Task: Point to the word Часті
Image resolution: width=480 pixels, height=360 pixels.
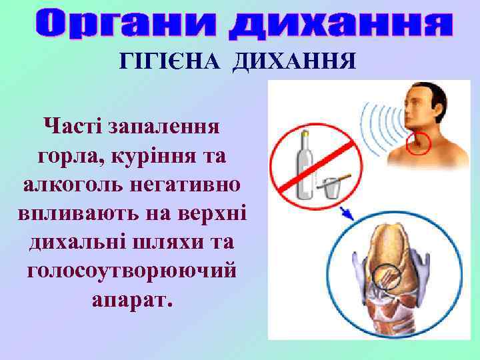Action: tap(73, 125)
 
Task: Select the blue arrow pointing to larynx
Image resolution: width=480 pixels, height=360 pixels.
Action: tap(347, 213)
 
